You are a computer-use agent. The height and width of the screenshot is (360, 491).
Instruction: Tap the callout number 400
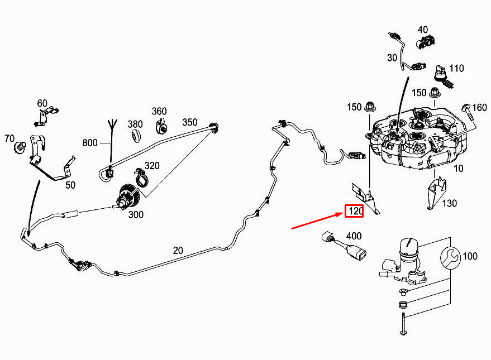354,236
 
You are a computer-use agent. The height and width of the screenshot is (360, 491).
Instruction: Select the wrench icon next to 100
451,257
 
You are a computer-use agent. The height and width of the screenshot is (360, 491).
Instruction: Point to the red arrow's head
342,213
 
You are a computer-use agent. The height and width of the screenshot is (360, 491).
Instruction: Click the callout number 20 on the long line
178,251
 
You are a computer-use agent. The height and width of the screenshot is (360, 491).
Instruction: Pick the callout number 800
90,142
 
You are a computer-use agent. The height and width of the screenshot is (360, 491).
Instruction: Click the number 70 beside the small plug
9,138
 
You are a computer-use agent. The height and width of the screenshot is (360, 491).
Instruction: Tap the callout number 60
42,103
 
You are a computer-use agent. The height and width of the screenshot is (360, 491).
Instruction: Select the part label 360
159,112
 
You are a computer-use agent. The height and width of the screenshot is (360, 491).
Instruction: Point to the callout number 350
189,122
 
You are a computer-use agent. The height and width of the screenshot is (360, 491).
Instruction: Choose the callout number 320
152,165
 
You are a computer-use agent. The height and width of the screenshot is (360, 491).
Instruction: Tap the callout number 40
422,30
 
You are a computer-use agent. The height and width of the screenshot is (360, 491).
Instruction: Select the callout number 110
456,69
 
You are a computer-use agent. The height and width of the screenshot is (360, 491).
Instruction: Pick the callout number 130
450,204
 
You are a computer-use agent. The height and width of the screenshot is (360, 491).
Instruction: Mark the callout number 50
70,185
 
